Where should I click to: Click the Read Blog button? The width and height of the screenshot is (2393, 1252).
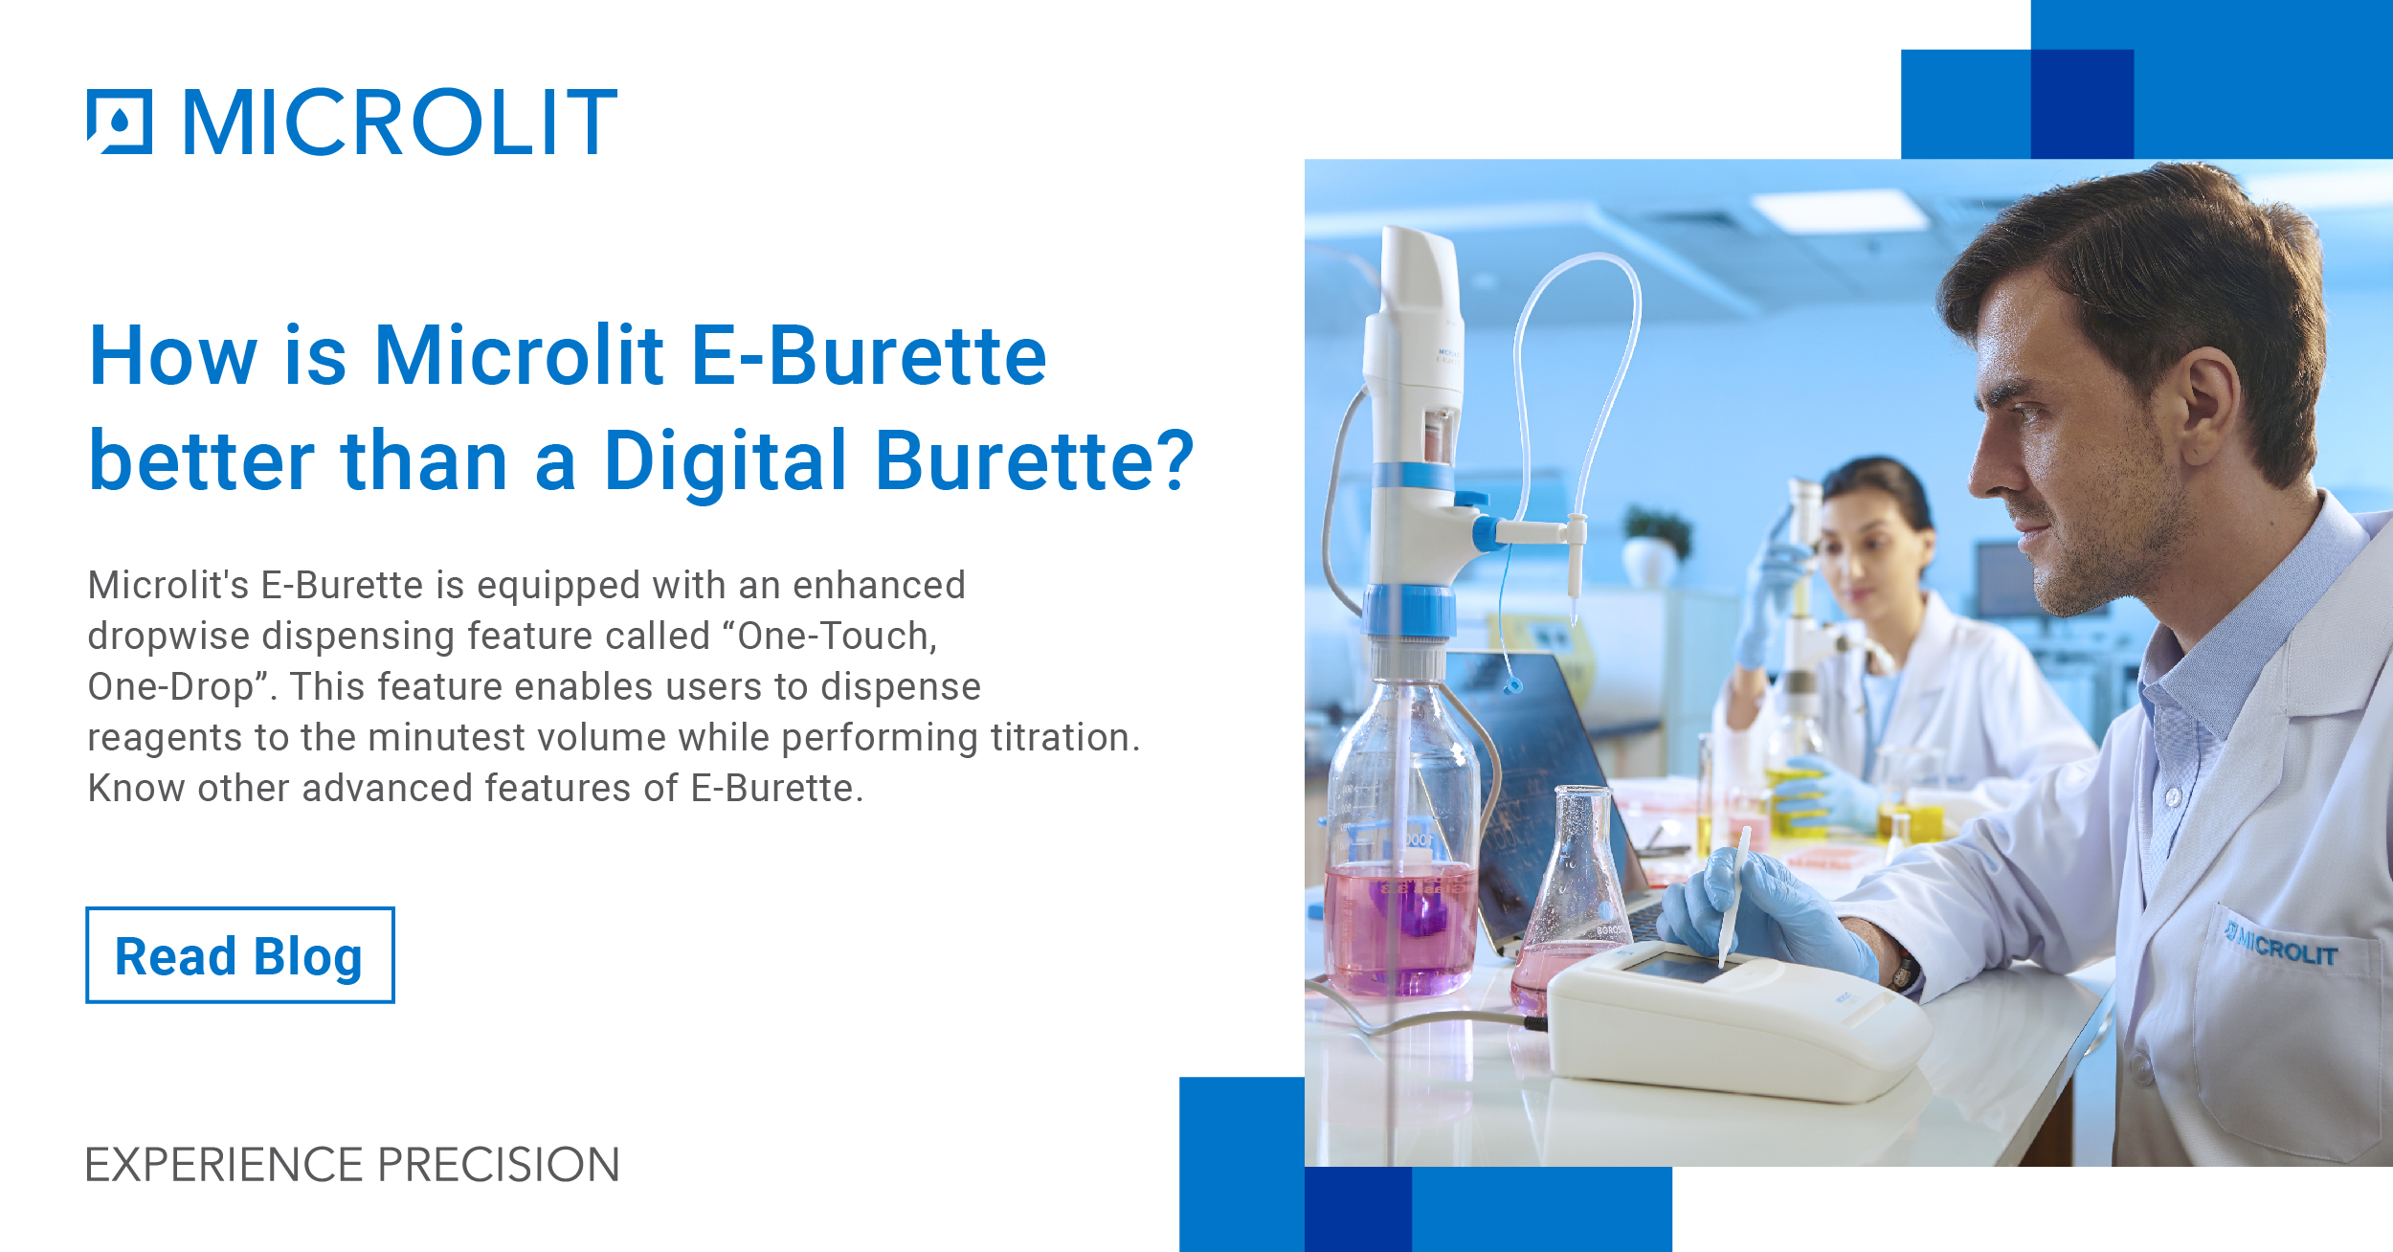point(239,955)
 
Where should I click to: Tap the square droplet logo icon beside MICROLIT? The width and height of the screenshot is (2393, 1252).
point(120,122)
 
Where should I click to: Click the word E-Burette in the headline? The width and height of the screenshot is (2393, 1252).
point(868,356)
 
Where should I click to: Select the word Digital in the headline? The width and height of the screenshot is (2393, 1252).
point(726,461)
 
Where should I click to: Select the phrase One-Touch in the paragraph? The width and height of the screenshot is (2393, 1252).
point(835,636)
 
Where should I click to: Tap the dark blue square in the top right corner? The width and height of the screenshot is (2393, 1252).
point(2081,104)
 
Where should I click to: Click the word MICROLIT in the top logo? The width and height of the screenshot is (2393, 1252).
point(400,122)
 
